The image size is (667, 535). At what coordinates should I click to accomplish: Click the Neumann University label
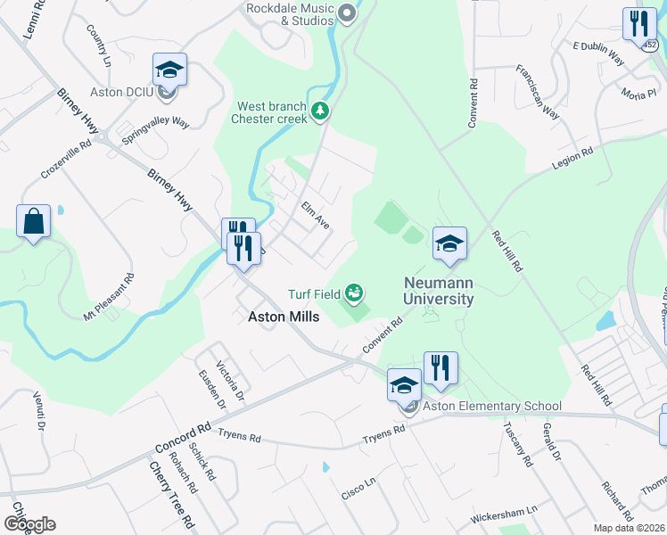click(438, 291)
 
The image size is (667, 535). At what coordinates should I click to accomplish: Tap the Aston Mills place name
click(277, 317)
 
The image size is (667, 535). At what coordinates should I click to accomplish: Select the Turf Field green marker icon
click(354, 292)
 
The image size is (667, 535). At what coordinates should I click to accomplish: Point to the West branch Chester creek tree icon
click(320, 111)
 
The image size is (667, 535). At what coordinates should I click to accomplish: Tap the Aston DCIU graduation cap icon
click(169, 70)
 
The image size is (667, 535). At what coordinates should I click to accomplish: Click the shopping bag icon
click(33, 220)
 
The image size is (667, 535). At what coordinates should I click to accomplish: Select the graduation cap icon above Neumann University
click(449, 243)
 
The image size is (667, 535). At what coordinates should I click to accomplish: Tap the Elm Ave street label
click(316, 215)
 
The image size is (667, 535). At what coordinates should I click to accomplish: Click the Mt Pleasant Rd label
click(109, 297)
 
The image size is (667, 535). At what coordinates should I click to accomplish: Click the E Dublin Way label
click(597, 52)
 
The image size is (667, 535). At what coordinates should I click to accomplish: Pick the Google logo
click(29, 523)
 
